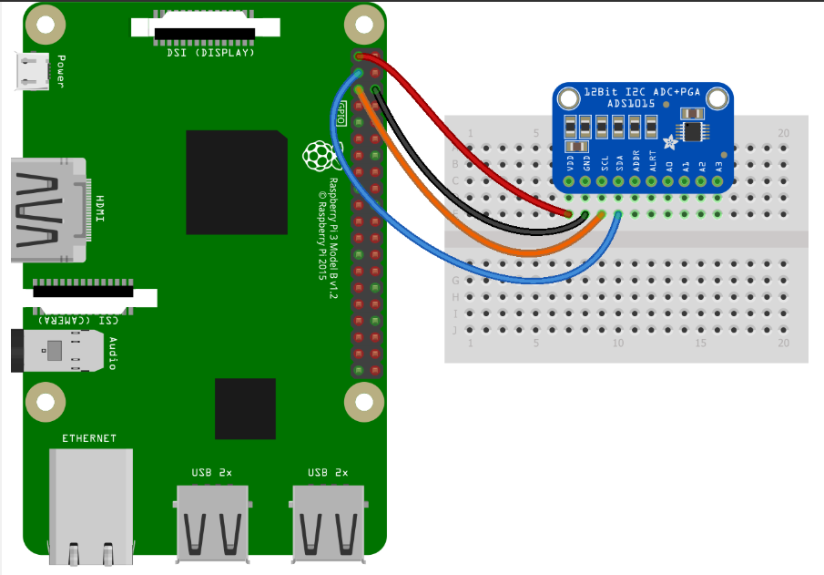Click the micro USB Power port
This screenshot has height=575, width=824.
click(x=32, y=72)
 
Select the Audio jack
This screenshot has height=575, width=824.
click(x=55, y=351)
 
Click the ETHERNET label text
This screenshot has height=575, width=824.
click(x=89, y=438)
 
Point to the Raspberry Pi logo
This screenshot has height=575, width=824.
click(x=317, y=156)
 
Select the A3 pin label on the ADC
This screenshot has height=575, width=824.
click(x=719, y=166)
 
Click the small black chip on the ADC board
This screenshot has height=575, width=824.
click(x=694, y=131)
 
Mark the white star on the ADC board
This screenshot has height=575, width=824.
click(x=671, y=141)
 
